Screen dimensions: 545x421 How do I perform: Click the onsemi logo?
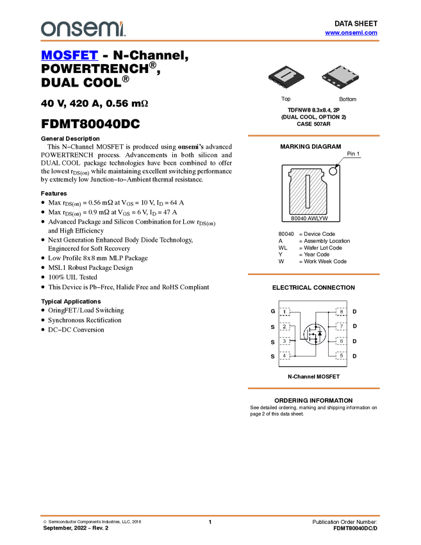point(83,29)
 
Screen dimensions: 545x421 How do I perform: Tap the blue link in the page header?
point(351,33)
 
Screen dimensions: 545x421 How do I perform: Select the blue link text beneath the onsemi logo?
point(69,56)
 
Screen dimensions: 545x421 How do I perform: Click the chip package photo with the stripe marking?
point(286,77)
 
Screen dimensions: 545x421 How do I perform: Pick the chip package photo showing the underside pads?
point(340,77)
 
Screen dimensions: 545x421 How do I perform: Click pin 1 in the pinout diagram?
point(285,312)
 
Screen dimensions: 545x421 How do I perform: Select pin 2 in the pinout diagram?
point(285,327)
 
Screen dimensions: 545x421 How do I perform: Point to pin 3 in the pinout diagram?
point(285,341)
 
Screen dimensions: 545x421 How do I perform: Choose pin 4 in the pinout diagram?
point(285,355)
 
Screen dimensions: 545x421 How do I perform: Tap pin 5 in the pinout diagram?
point(342,355)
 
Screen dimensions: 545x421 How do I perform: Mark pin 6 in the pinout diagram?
point(342,341)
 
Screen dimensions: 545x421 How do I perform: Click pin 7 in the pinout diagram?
point(342,327)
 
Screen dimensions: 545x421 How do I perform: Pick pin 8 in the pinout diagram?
point(342,312)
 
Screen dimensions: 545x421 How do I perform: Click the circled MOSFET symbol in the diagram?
point(314,333)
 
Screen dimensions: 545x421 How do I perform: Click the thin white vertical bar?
point(308,190)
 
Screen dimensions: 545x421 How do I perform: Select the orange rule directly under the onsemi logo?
point(210,41)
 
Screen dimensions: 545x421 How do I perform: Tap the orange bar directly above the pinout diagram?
point(313,274)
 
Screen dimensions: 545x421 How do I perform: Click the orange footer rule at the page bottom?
point(210,515)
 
